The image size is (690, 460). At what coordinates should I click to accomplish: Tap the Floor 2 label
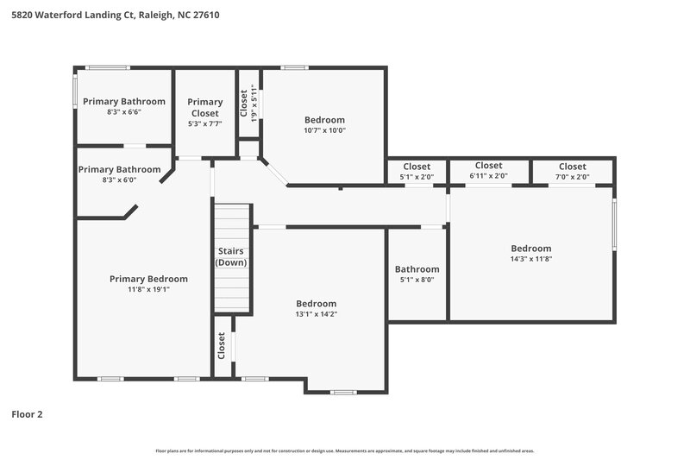coord(27,414)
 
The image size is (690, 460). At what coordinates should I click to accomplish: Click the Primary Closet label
coord(205,107)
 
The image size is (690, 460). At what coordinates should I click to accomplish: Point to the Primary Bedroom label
coord(148,279)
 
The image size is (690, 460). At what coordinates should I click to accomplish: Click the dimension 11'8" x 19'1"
coord(148,290)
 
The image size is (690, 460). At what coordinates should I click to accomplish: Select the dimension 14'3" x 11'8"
coord(530,260)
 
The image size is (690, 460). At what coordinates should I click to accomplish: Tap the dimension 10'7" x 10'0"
coord(324,131)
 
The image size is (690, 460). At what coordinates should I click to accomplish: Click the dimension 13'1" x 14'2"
coord(316,314)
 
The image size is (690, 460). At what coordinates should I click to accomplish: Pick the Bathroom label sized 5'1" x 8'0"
coord(417,269)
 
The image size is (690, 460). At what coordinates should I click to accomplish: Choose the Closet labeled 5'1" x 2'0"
coord(417,167)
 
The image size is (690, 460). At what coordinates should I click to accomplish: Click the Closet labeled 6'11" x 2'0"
coord(488,166)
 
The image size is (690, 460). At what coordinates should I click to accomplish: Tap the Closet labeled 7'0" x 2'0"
coord(572,167)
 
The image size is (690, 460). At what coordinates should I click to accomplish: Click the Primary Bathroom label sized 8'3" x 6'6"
coord(124,102)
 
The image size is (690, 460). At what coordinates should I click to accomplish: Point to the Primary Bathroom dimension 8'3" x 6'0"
coord(119,180)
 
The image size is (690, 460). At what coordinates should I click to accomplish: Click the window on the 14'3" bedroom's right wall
coord(614,224)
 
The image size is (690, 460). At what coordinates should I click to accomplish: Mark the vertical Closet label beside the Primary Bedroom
coord(222,346)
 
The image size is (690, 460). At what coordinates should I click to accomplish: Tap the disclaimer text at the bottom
coord(344,451)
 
